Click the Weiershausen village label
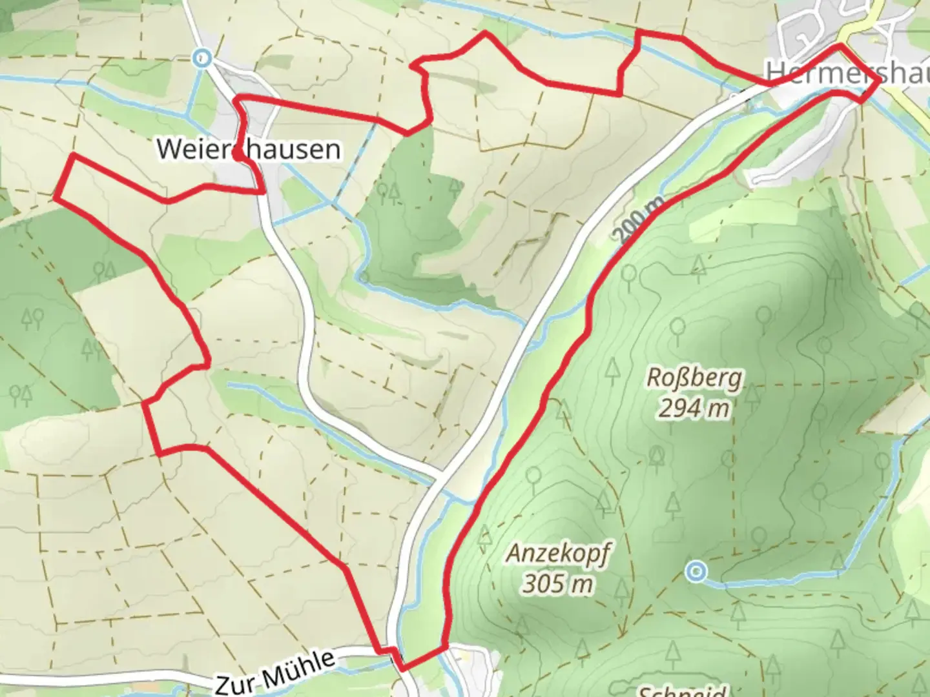click(x=249, y=149)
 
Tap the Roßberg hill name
click(x=694, y=378)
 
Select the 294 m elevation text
click(x=694, y=408)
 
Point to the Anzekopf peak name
click(x=557, y=553)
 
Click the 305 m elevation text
click(x=557, y=584)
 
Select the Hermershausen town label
click(x=846, y=72)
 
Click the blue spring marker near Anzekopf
click(x=696, y=571)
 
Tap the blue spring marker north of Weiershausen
click(x=203, y=59)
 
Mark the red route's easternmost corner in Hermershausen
click(x=878, y=80)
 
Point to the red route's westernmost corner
click(x=55, y=197)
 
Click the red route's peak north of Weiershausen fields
click(x=485, y=33)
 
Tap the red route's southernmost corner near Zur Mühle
click(x=402, y=668)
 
